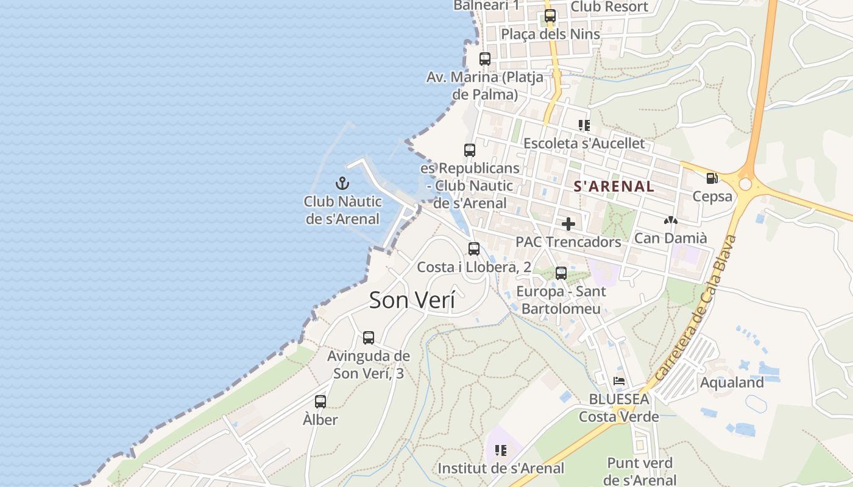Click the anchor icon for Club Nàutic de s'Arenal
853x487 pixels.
(x=342, y=183)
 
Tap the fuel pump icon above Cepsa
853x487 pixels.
(x=712, y=178)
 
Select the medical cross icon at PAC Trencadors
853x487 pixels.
(x=568, y=224)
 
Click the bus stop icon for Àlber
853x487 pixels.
(x=320, y=402)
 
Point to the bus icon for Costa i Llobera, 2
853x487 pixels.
(x=473, y=248)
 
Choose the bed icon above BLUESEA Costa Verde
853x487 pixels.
(x=619, y=381)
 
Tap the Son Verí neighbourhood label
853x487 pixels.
(x=412, y=300)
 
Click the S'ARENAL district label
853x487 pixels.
(x=614, y=187)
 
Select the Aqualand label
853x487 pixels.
(x=732, y=382)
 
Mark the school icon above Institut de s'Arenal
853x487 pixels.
(x=500, y=450)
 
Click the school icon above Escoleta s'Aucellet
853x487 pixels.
(x=584, y=125)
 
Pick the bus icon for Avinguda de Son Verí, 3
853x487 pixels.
(x=368, y=338)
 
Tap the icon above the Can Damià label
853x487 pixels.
(x=670, y=220)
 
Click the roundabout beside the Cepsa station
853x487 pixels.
(x=745, y=184)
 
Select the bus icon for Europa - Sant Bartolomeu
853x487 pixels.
(x=561, y=273)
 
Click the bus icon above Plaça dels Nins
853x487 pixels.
(x=550, y=16)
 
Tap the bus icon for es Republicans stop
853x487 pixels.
(x=469, y=150)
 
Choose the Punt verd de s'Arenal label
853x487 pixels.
(x=640, y=471)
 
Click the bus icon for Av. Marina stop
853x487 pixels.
(x=484, y=59)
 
